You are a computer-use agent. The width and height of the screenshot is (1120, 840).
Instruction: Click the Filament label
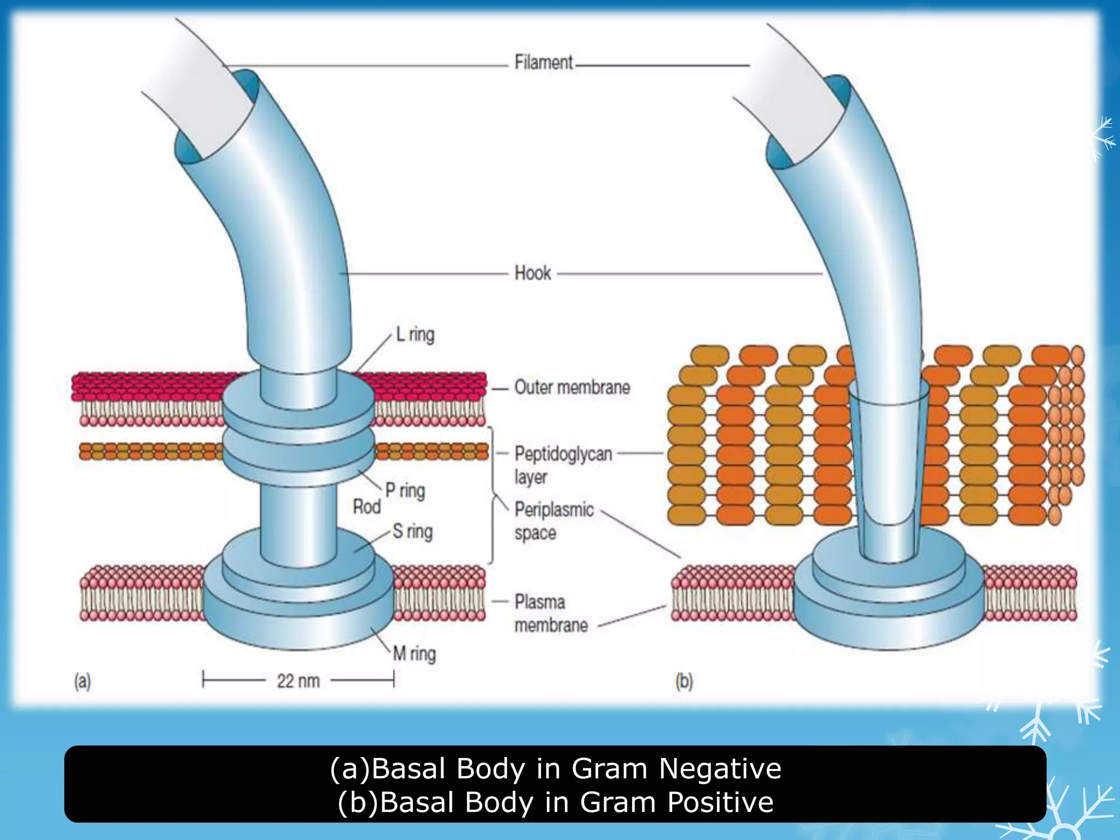click(544, 62)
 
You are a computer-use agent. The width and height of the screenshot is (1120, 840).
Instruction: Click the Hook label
click(533, 273)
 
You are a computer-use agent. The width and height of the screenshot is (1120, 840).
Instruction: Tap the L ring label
click(416, 334)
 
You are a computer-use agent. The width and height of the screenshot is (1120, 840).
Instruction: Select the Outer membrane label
click(572, 387)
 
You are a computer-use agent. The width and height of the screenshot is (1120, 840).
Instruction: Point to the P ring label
click(405, 491)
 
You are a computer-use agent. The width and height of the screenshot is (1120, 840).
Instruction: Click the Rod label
click(366, 507)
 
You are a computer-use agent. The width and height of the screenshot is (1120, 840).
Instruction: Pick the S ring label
click(413, 531)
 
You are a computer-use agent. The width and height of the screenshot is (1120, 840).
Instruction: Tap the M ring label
click(415, 654)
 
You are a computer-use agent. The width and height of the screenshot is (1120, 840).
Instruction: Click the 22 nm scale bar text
click(298, 681)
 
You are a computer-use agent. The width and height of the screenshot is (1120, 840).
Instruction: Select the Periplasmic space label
click(553, 521)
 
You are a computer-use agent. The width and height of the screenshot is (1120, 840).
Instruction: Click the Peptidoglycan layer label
click(563, 465)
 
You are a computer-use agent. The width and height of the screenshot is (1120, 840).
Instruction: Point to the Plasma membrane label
click(551, 613)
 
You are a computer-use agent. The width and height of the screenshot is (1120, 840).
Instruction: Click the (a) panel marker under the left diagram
click(83, 681)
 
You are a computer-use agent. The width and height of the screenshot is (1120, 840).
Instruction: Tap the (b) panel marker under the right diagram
click(684, 681)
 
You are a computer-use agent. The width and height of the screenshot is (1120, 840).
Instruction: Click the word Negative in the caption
click(720, 768)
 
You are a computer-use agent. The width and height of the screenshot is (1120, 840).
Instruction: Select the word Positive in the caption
click(720, 802)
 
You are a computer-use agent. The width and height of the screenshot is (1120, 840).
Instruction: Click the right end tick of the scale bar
click(393, 680)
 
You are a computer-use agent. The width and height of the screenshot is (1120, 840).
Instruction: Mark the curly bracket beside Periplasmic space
click(493, 495)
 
